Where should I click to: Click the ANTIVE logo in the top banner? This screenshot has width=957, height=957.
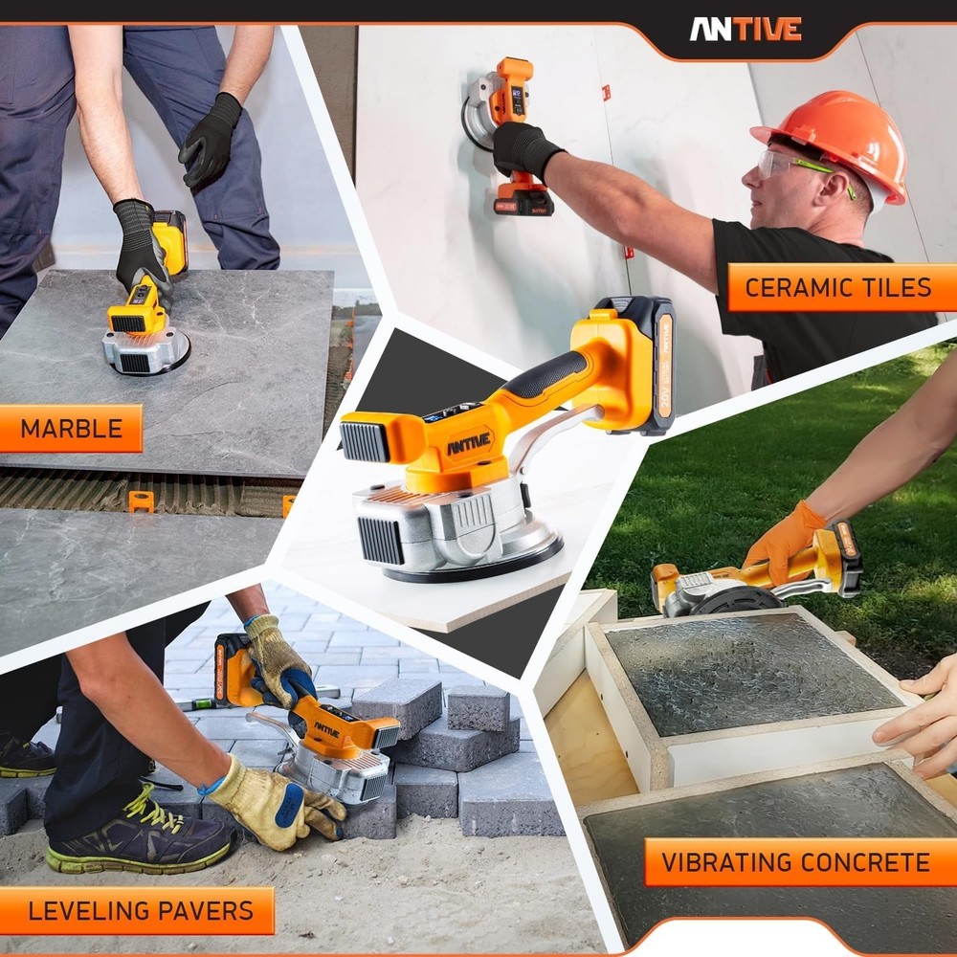(x=746, y=29)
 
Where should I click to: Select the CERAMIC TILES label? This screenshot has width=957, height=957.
(x=837, y=287)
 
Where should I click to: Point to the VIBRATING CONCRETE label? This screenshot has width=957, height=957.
(x=795, y=862)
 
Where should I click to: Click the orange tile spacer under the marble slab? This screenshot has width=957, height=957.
(x=142, y=501)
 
